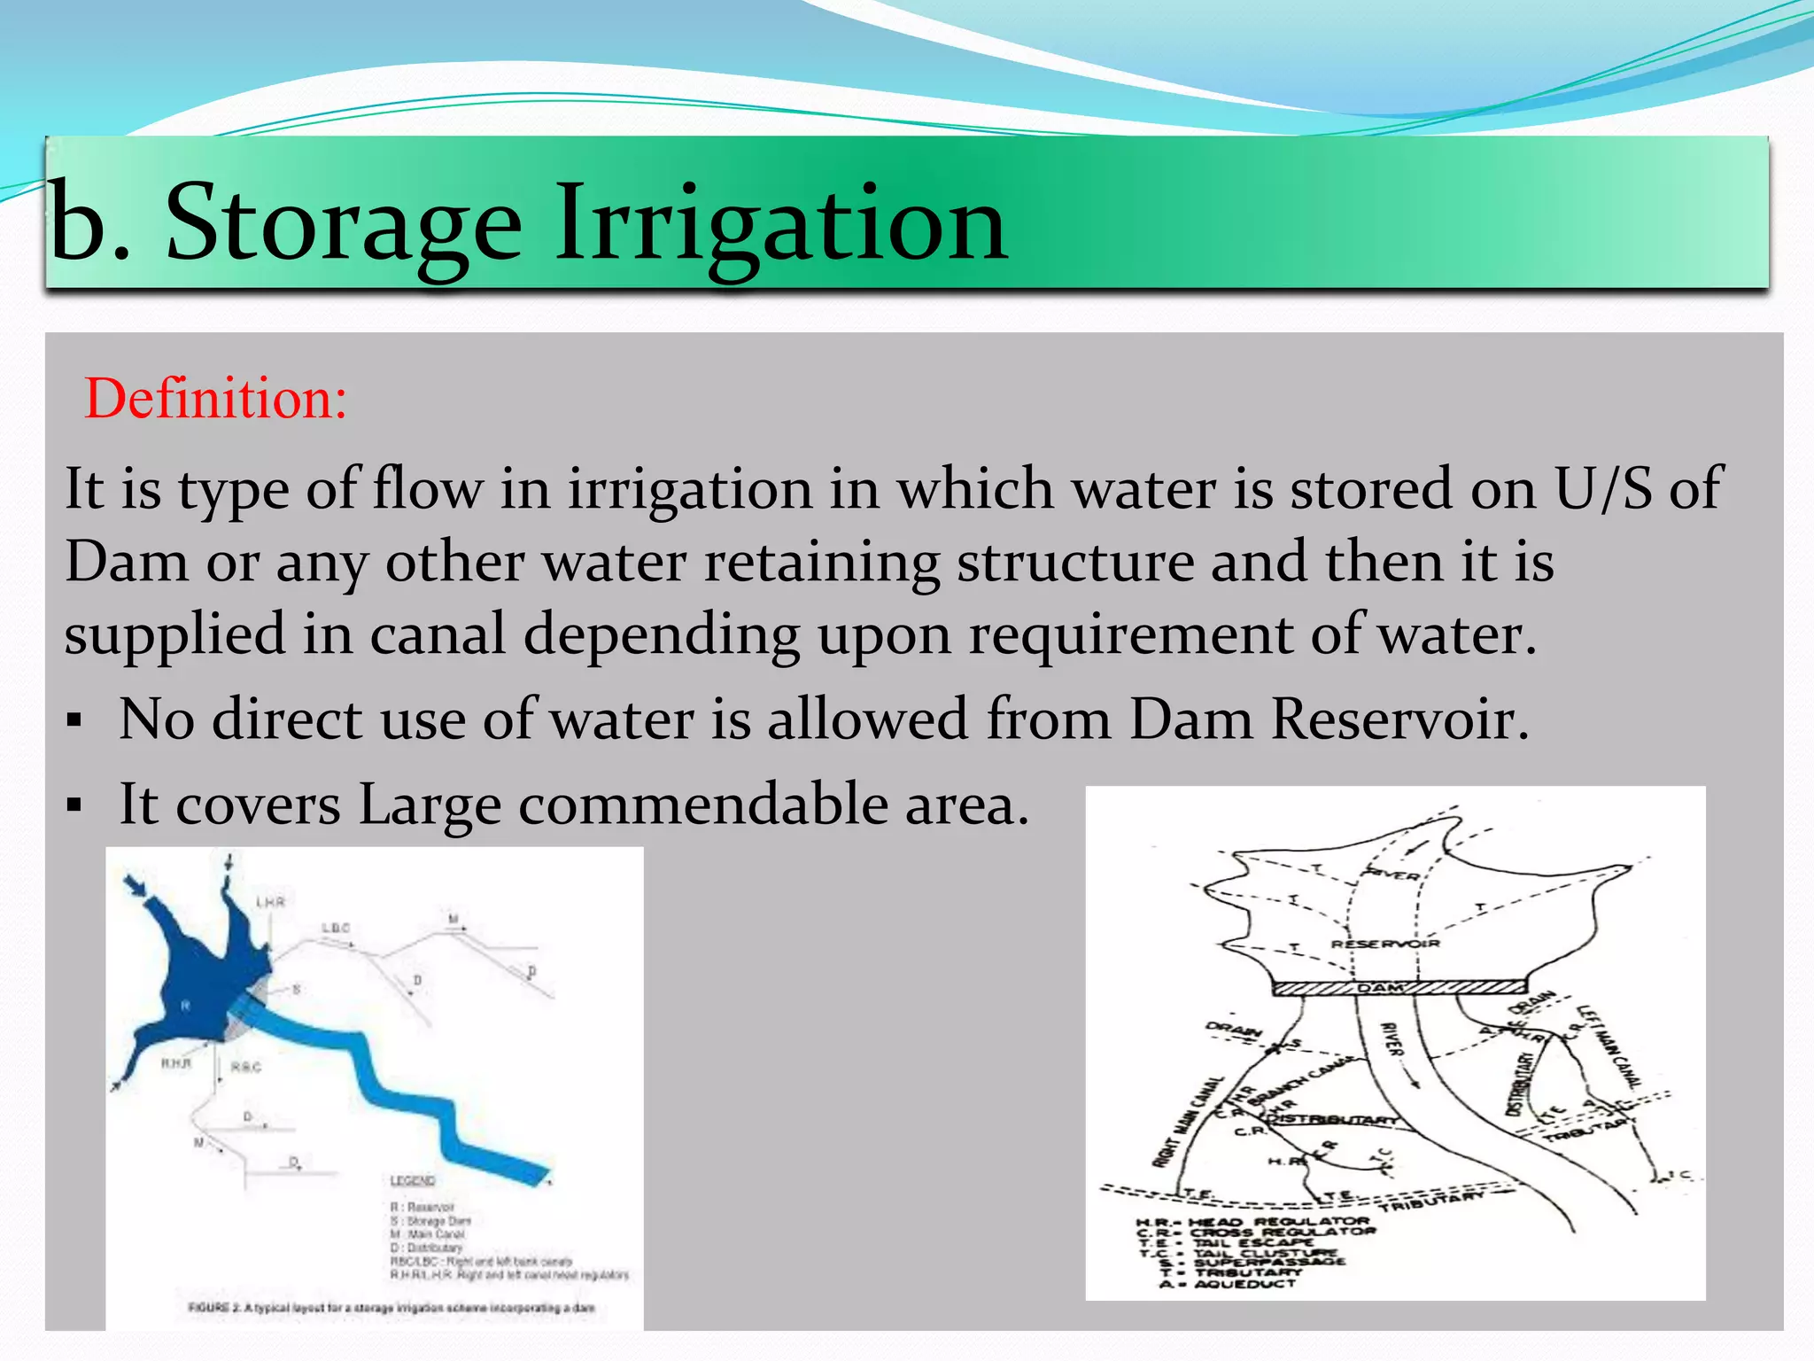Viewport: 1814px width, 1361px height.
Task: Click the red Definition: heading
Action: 215,399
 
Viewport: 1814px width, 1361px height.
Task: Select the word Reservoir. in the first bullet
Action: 1400,719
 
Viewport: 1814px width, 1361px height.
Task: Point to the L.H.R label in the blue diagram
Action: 270,902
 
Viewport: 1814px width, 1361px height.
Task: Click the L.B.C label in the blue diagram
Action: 336,929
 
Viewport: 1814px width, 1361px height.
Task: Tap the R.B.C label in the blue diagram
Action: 245,1067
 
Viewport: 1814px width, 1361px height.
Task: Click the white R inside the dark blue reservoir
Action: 185,1006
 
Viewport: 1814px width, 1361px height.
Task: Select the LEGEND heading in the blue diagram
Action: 412,1181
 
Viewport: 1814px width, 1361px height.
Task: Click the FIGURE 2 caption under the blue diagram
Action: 391,1308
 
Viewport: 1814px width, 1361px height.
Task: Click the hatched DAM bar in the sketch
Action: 1399,988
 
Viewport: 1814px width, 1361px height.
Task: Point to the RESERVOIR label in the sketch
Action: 1384,944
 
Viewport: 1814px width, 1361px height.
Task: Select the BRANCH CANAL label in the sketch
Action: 1306,1080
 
